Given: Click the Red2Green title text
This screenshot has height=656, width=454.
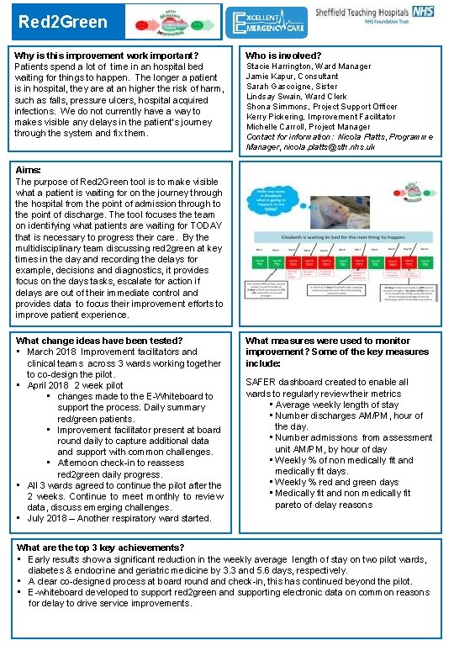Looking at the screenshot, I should pyautogui.click(x=51, y=23).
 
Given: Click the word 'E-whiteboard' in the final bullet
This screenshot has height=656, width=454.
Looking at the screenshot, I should pyautogui.click(x=58, y=592).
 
